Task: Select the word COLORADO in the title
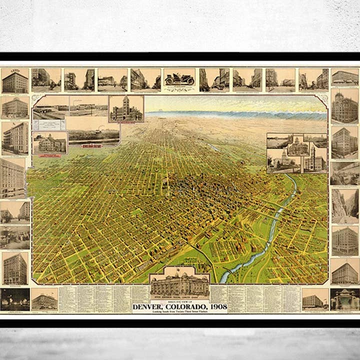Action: [x=189, y=306]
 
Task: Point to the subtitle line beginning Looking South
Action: [x=180, y=311]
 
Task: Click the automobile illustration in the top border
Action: [x=179, y=78]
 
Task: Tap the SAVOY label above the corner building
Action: [x=14, y=71]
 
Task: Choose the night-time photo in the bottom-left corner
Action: [x=15, y=299]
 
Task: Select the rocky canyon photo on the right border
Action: [x=345, y=205]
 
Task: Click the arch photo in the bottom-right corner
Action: [x=345, y=299]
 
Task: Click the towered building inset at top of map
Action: [x=126, y=108]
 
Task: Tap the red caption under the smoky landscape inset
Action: [x=93, y=145]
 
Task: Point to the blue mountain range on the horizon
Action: [x=235, y=114]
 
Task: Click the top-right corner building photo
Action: [x=345, y=77]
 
